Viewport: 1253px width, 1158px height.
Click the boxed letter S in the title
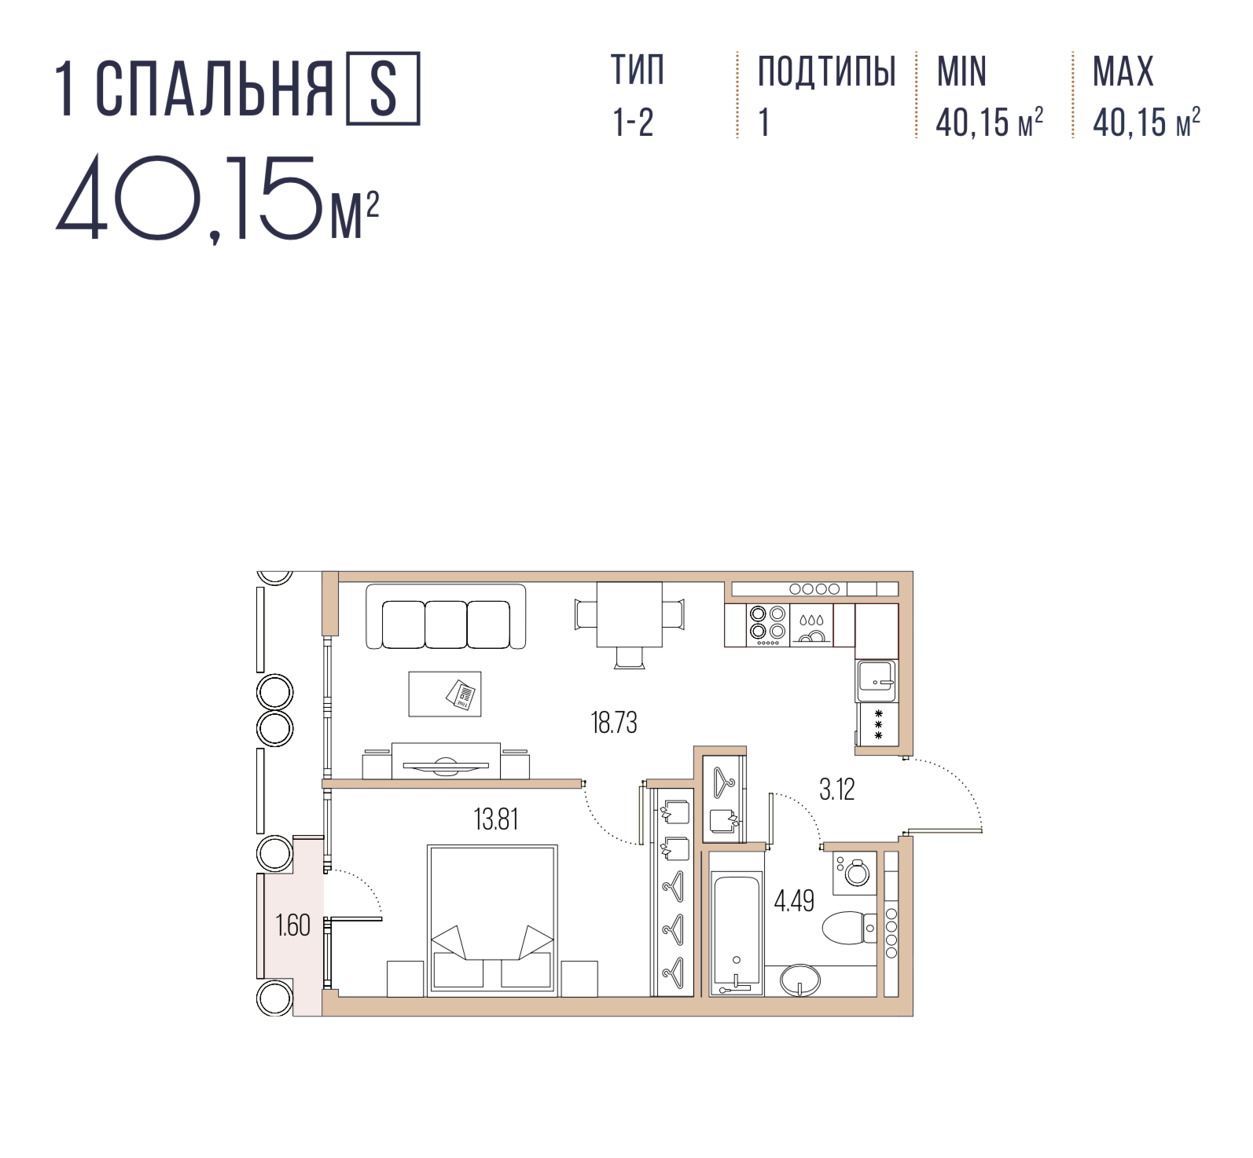coord(383,89)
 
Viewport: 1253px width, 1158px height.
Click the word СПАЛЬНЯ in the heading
coord(215,89)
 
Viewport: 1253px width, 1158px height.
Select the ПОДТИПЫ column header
coord(827,71)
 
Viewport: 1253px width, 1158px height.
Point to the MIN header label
coord(961,71)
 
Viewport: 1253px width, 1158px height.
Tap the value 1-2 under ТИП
coord(633,123)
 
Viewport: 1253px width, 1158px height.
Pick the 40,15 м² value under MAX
coord(1146,122)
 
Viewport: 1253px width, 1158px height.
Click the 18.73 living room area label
coord(614,722)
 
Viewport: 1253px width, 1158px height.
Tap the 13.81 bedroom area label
coord(496,819)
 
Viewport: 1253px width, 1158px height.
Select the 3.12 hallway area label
coord(836,789)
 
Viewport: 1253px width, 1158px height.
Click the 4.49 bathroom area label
coord(794,900)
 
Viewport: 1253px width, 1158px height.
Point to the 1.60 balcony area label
coord(292,925)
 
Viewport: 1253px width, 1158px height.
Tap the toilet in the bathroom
coord(849,928)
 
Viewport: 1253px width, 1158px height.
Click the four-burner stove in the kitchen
coord(767,625)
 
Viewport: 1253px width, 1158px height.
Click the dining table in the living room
coord(629,614)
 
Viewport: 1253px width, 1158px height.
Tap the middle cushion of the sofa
coord(446,625)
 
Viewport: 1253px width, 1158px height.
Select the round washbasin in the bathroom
coord(799,980)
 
